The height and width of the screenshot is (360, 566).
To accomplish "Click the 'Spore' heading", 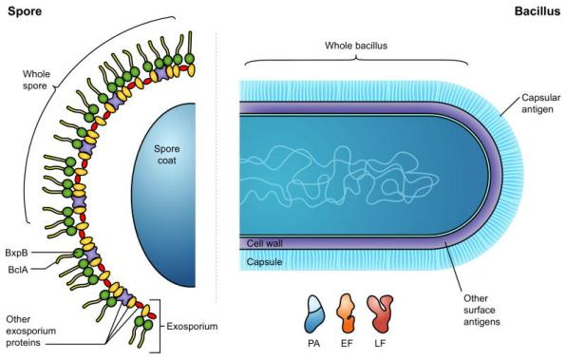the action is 25,11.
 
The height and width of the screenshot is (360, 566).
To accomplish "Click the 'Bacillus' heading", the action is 538,11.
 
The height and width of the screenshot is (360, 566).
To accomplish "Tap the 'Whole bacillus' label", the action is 356,46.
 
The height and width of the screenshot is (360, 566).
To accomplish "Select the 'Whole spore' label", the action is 35,80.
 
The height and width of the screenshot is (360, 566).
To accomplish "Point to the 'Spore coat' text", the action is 166,155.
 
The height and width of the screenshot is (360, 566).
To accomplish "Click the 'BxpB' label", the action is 16,253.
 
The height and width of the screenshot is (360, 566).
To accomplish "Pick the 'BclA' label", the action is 18,270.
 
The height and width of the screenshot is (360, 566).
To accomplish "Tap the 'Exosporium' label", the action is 192,327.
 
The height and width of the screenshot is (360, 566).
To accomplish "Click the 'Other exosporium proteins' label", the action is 31,331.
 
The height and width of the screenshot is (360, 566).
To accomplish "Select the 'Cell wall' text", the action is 265,243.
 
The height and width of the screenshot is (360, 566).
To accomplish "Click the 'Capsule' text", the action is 264,262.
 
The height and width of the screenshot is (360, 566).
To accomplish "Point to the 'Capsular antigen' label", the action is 540,104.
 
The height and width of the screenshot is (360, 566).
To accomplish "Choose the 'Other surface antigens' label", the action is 481,310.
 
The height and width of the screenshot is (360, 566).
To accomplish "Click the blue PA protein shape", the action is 314,314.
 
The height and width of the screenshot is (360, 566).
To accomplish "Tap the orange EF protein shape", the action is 346,313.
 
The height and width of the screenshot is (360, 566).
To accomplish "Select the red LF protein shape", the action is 380,313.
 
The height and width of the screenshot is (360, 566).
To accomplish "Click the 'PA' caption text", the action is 314,343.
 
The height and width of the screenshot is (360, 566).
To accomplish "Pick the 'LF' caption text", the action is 380,343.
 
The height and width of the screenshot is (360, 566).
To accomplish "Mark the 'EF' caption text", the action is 347,343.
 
